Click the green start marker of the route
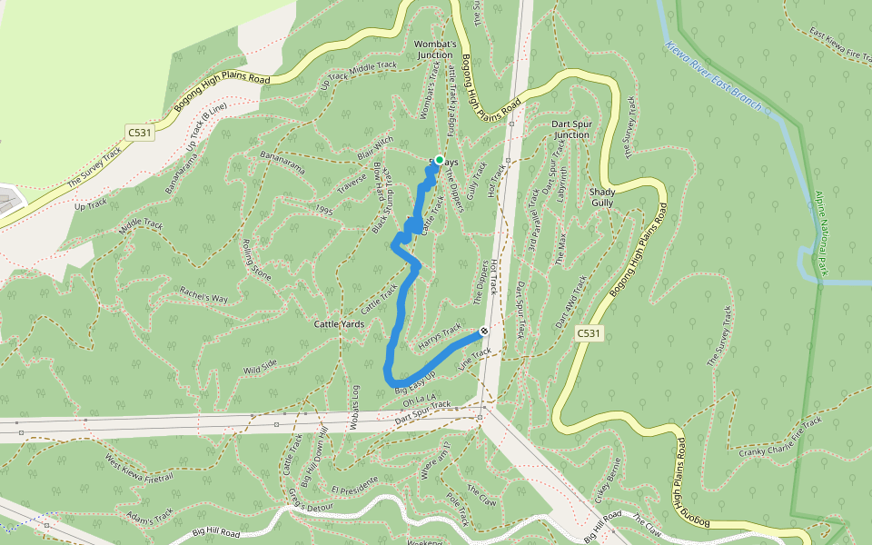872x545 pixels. [439, 160]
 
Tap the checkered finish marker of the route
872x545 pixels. [485, 332]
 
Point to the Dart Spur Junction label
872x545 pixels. [570, 129]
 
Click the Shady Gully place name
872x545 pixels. [602, 197]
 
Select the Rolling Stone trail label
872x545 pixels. [257, 259]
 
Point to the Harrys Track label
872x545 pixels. [440, 339]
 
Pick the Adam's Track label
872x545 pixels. [150, 517]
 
